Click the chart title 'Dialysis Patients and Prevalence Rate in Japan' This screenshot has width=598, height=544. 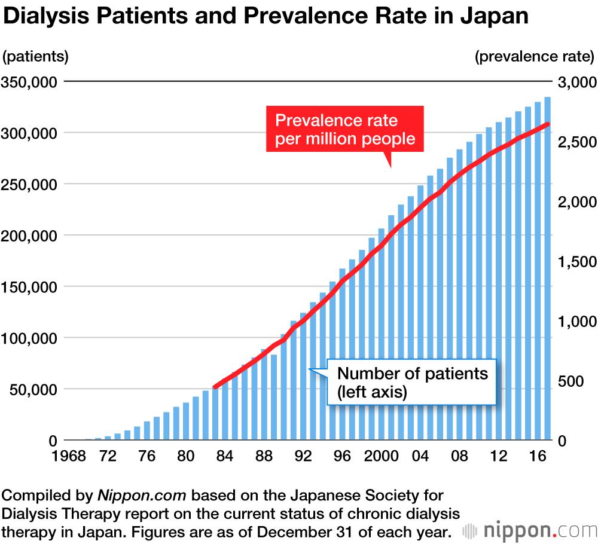pos(266,16)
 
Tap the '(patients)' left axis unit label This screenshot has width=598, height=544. pos(36,57)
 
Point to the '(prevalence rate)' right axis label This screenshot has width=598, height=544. pos(534,57)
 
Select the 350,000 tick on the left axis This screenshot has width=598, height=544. pos(30,81)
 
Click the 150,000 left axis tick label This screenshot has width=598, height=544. pos(30,286)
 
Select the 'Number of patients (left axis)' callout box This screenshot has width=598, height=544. pos(413,383)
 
